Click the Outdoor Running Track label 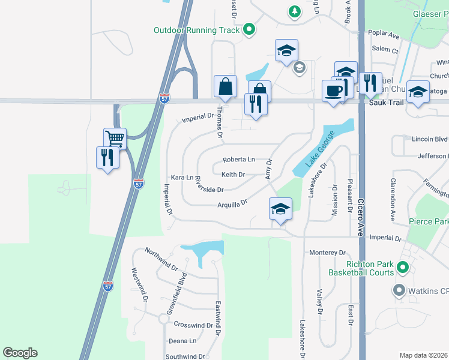(196, 30)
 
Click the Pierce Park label (429, 221)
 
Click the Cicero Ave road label (361, 216)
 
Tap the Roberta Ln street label (238, 160)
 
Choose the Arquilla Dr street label (232, 204)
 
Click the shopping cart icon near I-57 (114, 139)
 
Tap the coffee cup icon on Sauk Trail (334, 91)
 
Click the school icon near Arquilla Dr (280, 209)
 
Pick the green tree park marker (294, 11)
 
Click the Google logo (20, 353)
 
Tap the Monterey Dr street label (328, 253)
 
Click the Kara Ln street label (182, 178)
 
